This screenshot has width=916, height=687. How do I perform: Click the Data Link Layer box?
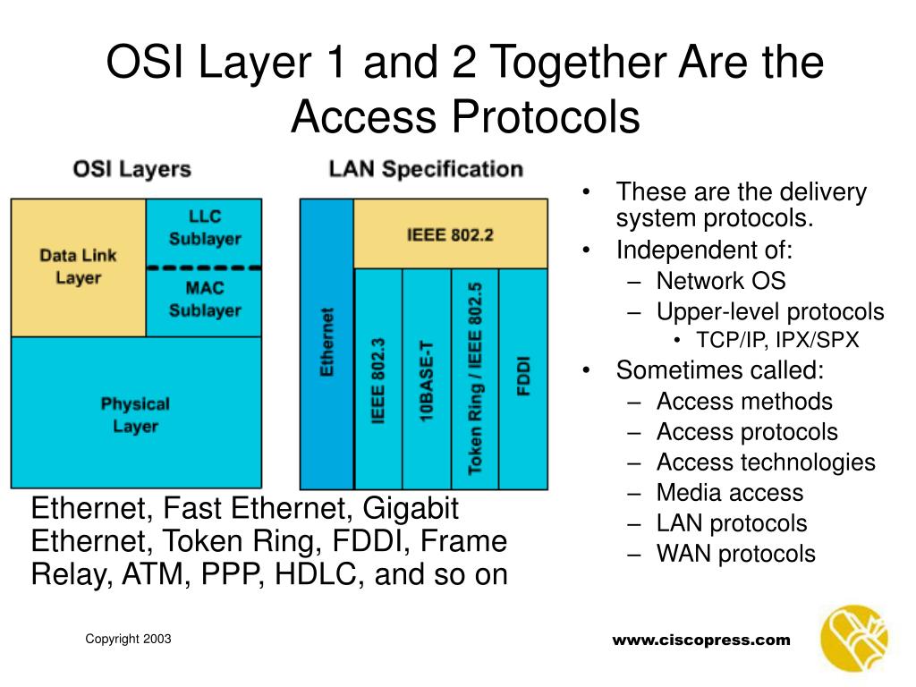(x=78, y=267)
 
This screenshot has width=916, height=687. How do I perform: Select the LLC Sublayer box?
(x=204, y=228)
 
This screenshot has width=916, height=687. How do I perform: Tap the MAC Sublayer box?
(x=204, y=300)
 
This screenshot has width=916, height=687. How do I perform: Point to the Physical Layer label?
(x=135, y=415)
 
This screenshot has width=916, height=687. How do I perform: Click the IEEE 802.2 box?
(x=450, y=235)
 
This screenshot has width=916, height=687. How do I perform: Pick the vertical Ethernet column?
(x=327, y=343)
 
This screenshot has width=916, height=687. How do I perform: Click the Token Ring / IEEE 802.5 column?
(x=475, y=378)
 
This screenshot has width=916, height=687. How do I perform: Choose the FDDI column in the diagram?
(x=523, y=378)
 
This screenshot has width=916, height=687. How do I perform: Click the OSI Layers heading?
(x=131, y=168)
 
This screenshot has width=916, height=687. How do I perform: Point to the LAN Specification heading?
(x=426, y=168)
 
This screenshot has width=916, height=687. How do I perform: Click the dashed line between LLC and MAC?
(x=203, y=267)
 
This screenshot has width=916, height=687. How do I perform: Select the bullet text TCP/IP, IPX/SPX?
(x=777, y=341)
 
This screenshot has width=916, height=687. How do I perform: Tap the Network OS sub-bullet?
(x=720, y=281)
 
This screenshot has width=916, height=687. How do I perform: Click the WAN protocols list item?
(x=735, y=554)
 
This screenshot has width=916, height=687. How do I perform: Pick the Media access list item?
(x=729, y=493)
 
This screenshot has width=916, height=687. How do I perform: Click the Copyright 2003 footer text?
(x=128, y=639)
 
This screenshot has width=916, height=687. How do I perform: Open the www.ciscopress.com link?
(x=701, y=640)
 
